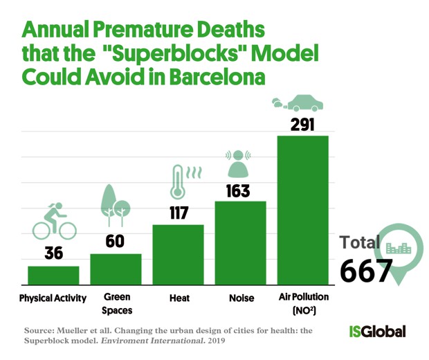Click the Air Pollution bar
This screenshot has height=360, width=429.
pyautogui.click(x=303, y=210)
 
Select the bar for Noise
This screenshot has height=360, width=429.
pyautogui.click(x=241, y=243)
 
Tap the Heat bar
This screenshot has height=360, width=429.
pyautogui.click(x=178, y=255)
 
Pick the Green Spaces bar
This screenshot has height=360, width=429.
pyautogui.click(x=116, y=269)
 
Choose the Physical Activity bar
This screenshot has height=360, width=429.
pyautogui.click(x=54, y=276)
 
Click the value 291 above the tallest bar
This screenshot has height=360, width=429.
pyautogui.click(x=302, y=125)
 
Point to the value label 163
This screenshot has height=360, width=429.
pyautogui.click(x=238, y=191)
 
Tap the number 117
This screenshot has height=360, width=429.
pyautogui.click(x=179, y=213)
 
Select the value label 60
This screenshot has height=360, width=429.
pyautogui.click(x=115, y=241)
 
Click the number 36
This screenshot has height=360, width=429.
pyautogui.click(x=54, y=253)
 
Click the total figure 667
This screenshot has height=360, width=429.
pyautogui.click(x=365, y=271)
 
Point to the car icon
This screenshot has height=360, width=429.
pyautogui.click(x=298, y=103)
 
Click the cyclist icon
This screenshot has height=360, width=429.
pyautogui.click(x=55, y=221)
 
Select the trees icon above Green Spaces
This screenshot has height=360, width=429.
pyautogui.click(x=115, y=206)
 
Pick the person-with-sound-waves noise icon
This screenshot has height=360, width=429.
pyautogui.click(x=238, y=163)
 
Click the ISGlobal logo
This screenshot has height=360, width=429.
pyautogui.click(x=377, y=332)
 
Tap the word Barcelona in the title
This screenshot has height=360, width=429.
pyautogui.click(x=217, y=77)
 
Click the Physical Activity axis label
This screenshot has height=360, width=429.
pyautogui.click(x=53, y=298)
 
